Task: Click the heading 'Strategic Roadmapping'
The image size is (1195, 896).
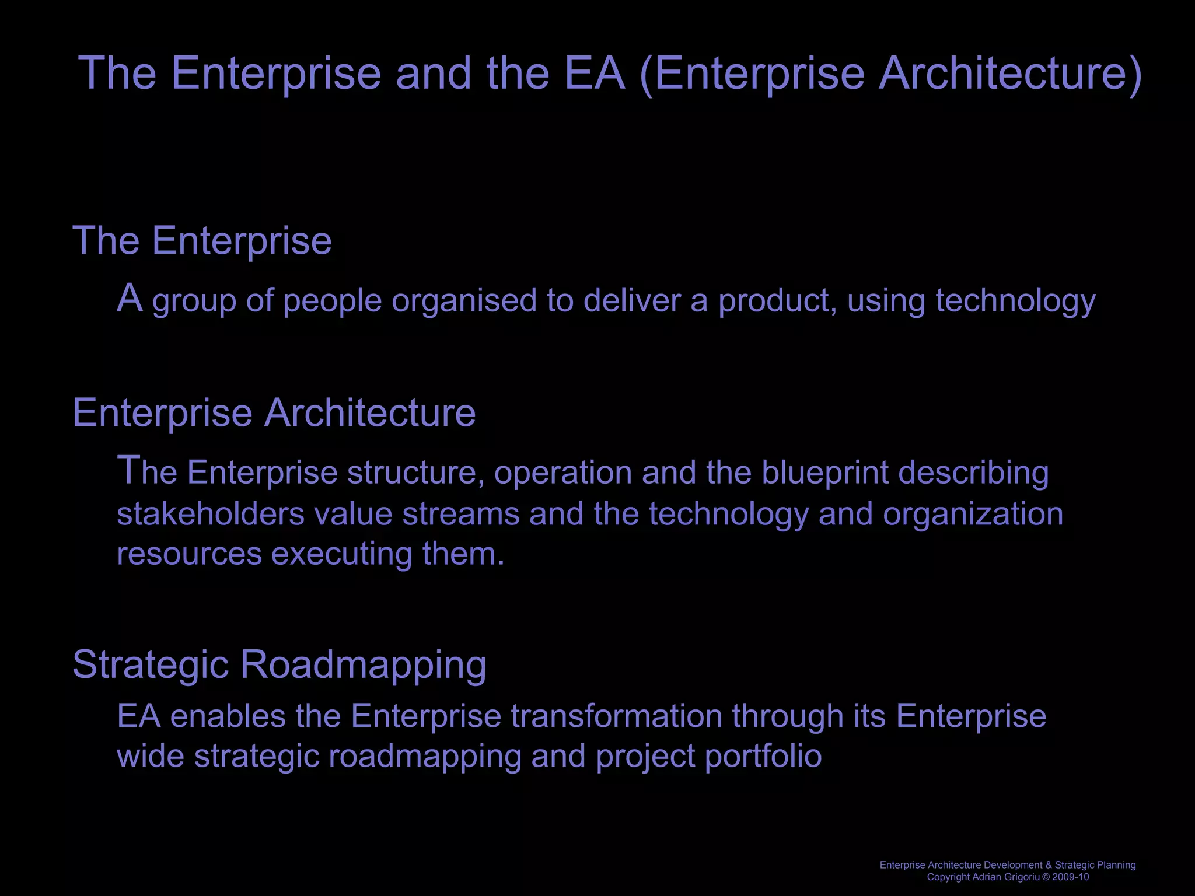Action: click(279, 664)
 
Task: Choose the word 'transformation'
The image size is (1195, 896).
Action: click(617, 716)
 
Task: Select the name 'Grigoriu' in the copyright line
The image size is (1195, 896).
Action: click(1021, 877)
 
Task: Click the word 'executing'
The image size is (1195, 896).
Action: click(342, 554)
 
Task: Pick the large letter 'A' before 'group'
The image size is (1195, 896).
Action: click(130, 298)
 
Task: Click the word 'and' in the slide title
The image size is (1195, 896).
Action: click(433, 73)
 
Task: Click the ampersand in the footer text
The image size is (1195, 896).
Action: click(1049, 865)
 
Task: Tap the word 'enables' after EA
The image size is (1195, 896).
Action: click(228, 716)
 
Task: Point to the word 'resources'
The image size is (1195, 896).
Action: click(189, 554)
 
